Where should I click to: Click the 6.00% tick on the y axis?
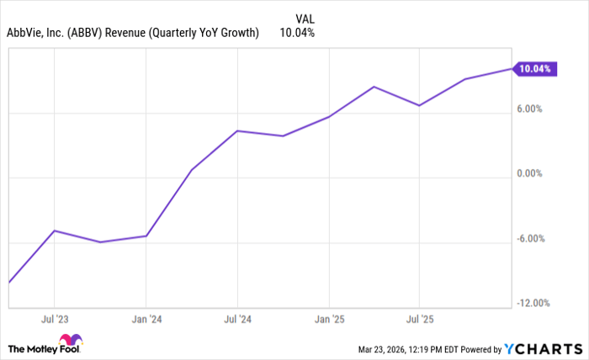[536, 109]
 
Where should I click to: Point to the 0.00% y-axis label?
[536, 173]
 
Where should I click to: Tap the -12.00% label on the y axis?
[533, 303]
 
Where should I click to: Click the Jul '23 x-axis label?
[54, 320]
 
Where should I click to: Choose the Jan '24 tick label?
[146, 320]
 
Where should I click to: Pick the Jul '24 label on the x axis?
[238, 320]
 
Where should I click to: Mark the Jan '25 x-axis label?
[329, 320]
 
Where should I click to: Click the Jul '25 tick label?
[420, 320]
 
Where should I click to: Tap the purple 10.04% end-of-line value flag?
[534, 69]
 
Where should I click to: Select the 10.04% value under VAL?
[298, 33]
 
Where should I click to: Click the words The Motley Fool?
[35, 348]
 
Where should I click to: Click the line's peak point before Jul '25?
[374, 87]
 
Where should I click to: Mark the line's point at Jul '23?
[54, 230]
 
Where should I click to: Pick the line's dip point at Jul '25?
[420, 105]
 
